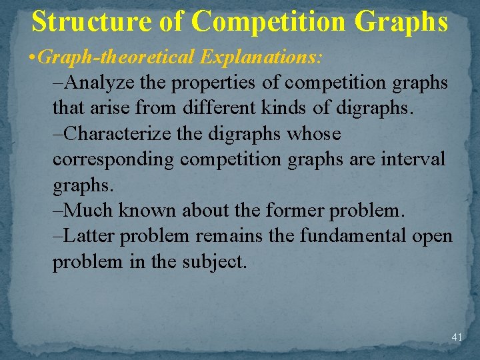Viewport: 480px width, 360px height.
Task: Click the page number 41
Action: tap(457, 337)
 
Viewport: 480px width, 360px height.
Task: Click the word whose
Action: tap(313, 134)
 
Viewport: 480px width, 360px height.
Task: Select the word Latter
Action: tap(90, 236)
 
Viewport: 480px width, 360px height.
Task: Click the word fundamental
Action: tap(350, 236)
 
